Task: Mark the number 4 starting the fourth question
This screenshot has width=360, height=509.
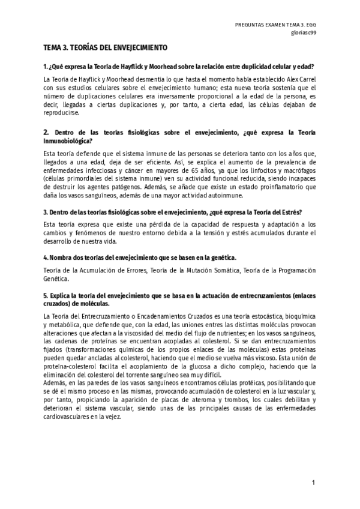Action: click(46, 258)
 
